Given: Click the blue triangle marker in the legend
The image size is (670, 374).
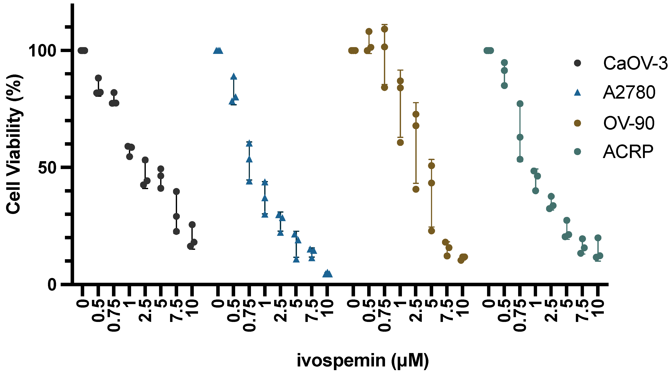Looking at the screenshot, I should (x=577, y=92).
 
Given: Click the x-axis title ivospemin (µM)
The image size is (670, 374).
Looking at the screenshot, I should (x=363, y=360).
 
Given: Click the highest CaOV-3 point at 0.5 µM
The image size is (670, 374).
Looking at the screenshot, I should (x=98, y=78).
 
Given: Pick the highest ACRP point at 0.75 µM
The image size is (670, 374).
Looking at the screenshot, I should (x=520, y=104).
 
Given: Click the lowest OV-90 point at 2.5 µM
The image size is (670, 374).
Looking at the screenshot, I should (x=416, y=189).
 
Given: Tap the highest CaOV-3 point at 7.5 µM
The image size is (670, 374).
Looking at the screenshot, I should (x=176, y=192).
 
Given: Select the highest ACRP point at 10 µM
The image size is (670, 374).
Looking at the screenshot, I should (x=598, y=238).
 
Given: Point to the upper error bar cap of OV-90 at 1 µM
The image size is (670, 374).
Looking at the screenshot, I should (x=400, y=70).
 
